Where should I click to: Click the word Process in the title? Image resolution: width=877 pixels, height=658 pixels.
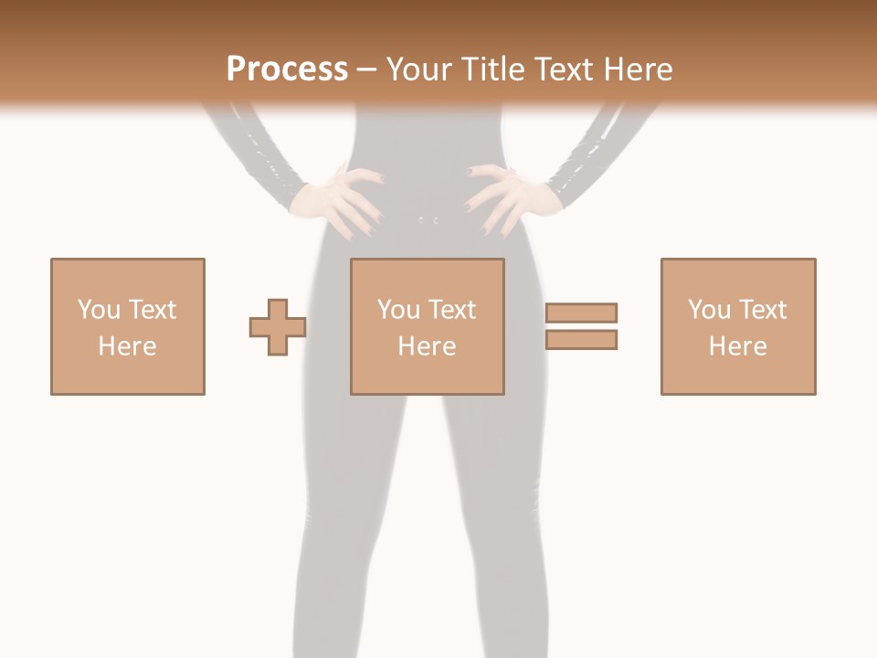click(x=287, y=69)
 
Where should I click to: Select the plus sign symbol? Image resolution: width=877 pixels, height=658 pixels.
click(x=278, y=326)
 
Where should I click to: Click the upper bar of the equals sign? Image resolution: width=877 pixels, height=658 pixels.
click(x=581, y=313)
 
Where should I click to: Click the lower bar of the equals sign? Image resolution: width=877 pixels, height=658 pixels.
click(x=581, y=339)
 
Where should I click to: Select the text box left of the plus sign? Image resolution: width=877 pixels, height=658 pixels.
click(x=128, y=326)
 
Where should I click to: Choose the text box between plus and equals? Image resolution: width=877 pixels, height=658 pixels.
click(x=427, y=326)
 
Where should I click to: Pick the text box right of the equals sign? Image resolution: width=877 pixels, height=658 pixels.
click(x=737, y=326)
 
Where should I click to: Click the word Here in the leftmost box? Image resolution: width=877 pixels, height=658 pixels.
click(x=127, y=346)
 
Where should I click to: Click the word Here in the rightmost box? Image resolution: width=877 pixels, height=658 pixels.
click(x=737, y=346)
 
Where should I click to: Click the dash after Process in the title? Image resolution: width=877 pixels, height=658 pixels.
click(x=366, y=69)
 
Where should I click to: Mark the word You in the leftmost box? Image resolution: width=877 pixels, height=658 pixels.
click(x=99, y=310)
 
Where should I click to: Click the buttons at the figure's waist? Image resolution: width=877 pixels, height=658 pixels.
click(x=428, y=220)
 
